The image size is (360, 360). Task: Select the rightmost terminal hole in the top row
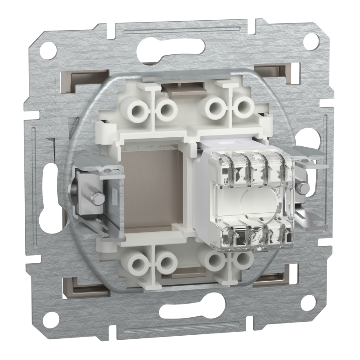pos(243,107)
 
